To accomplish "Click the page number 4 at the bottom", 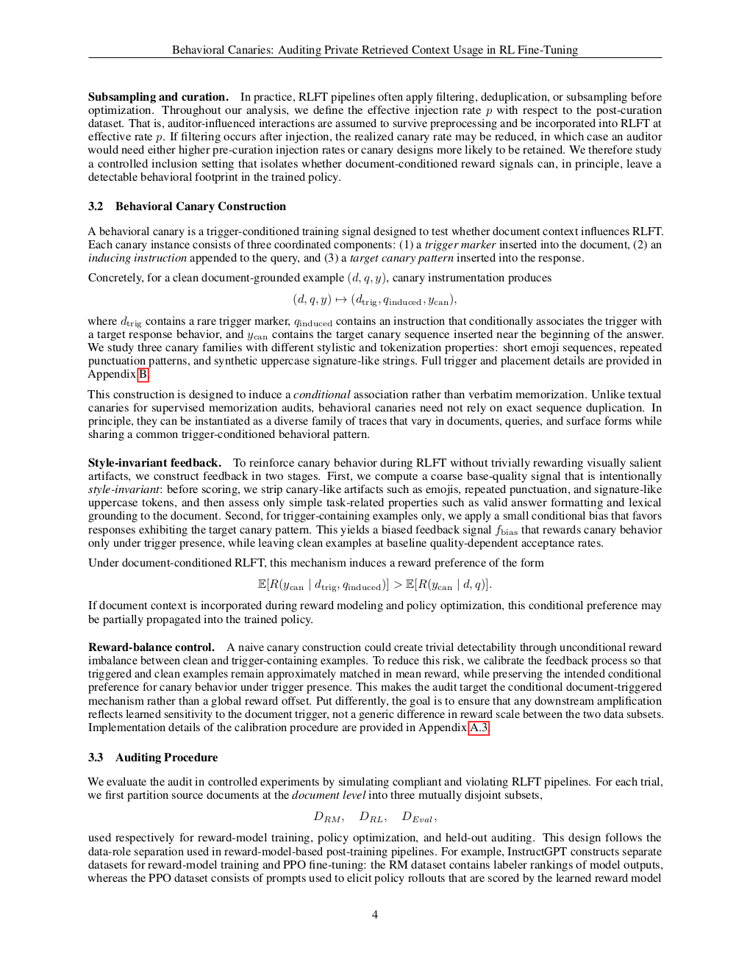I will (x=375, y=914).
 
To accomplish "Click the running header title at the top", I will (x=375, y=50).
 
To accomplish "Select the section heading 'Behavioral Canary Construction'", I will (x=201, y=206).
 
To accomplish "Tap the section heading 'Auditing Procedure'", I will (x=167, y=758).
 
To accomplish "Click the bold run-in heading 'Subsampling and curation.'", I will (x=158, y=97).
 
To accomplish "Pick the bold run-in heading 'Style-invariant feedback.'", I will (x=154, y=463).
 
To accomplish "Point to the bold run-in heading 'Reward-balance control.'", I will (x=151, y=647).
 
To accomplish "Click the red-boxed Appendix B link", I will (x=143, y=374).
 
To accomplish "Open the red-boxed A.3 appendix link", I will (x=479, y=727).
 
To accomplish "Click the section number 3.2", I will (x=96, y=206).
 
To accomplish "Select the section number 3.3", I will (x=96, y=758).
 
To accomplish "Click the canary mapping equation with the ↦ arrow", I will (x=375, y=300).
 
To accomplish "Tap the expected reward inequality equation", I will (x=375, y=585).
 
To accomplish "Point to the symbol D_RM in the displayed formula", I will (x=328, y=817).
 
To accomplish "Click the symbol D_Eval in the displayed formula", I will (x=419, y=817).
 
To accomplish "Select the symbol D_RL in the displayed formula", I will (x=372, y=817).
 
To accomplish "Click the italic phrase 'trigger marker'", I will (x=460, y=245).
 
